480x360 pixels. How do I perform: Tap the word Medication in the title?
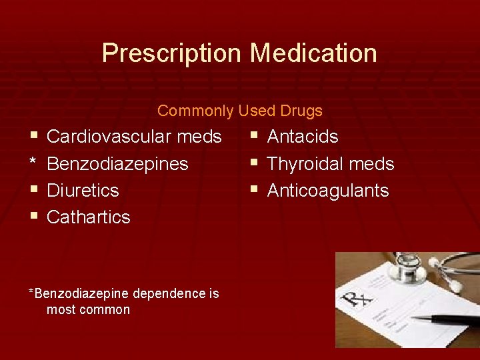coord(313,53)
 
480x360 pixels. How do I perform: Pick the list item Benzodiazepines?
coord(117,164)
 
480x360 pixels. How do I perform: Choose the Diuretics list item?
coord(83,191)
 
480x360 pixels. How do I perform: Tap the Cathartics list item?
coord(89,217)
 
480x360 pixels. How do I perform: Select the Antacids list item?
coord(303,137)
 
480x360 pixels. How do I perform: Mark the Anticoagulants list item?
coord(328,191)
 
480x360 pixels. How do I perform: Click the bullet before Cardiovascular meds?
coord(33,137)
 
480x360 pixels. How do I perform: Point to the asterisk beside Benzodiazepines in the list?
coord(33,163)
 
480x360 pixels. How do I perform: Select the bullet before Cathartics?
coord(33,217)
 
